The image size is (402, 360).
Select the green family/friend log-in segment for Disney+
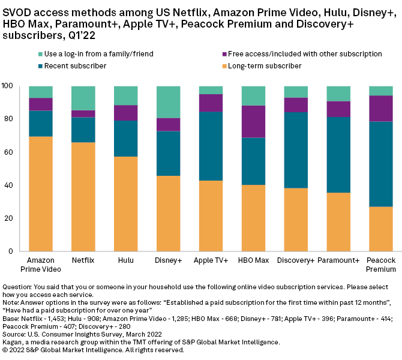(x=168, y=102)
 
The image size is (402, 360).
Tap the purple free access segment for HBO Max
(x=253, y=122)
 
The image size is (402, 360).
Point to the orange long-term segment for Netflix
(x=83, y=197)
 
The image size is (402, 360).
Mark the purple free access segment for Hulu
(x=125, y=113)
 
